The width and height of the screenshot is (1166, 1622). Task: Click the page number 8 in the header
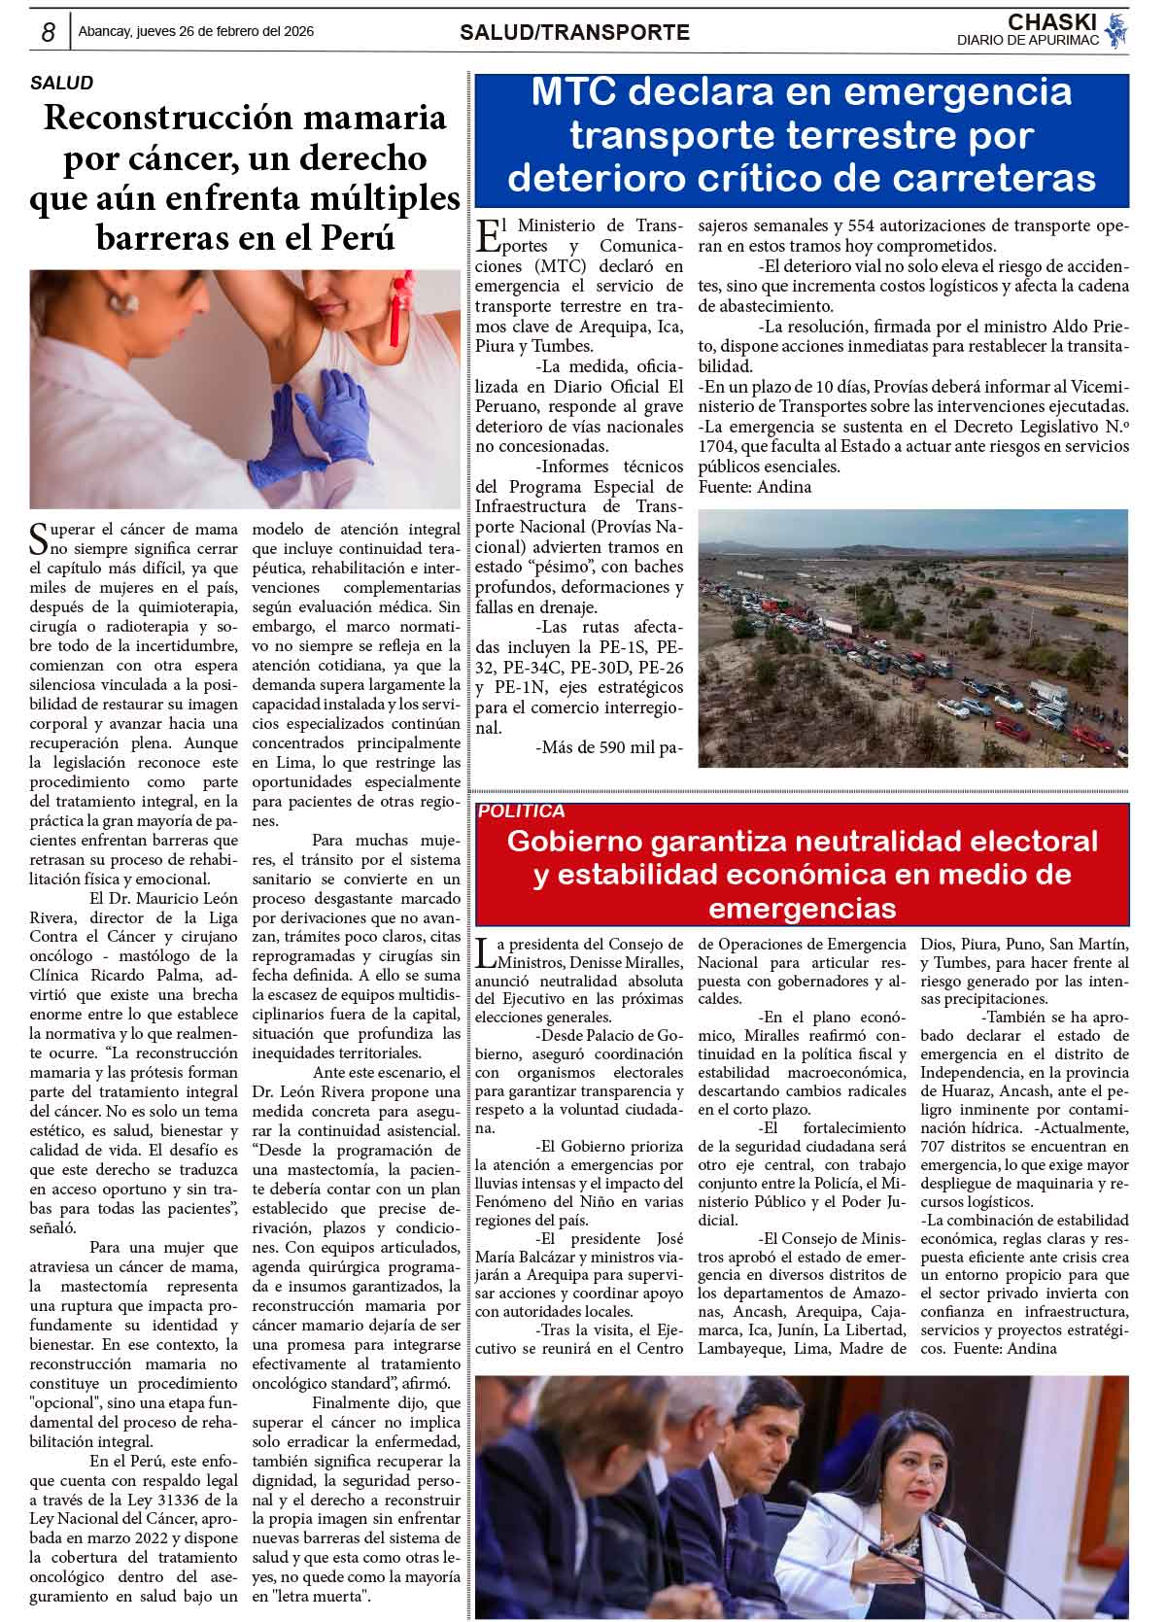click(x=47, y=32)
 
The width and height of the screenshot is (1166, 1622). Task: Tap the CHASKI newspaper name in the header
click(x=1051, y=21)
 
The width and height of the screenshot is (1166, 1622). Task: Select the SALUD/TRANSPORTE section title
click(x=574, y=32)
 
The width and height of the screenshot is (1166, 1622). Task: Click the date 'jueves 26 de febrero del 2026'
click(x=226, y=31)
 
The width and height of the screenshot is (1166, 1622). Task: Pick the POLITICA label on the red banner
click(x=522, y=811)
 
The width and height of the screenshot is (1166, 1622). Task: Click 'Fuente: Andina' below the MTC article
click(x=754, y=487)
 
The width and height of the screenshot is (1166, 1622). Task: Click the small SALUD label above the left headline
click(x=61, y=84)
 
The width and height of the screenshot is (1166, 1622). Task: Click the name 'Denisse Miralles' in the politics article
click(x=633, y=962)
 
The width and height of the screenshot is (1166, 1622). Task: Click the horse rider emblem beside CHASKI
click(x=1116, y=30)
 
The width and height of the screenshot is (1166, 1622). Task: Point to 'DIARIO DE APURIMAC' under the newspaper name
click(x=1027, y=40)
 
